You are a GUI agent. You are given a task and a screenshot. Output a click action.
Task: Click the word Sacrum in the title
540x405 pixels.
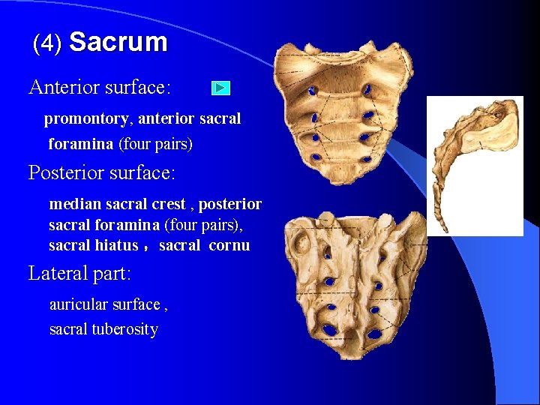pos(118,42)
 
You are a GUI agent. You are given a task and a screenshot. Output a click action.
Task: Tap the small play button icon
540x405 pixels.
pos(220,88)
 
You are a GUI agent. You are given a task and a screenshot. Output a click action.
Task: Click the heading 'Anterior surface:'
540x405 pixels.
pos(100,88)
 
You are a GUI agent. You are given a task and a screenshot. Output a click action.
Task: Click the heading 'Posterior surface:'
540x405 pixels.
pos(102,173)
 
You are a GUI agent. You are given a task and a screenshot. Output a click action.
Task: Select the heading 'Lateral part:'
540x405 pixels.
pos(79,274)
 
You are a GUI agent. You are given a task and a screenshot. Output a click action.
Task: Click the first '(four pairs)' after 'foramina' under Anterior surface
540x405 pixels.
pos(156,143)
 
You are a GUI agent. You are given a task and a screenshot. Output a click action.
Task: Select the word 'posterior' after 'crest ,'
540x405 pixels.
pos(230,204)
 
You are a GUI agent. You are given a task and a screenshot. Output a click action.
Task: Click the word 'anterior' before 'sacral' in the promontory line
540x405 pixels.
pos(166,119)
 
